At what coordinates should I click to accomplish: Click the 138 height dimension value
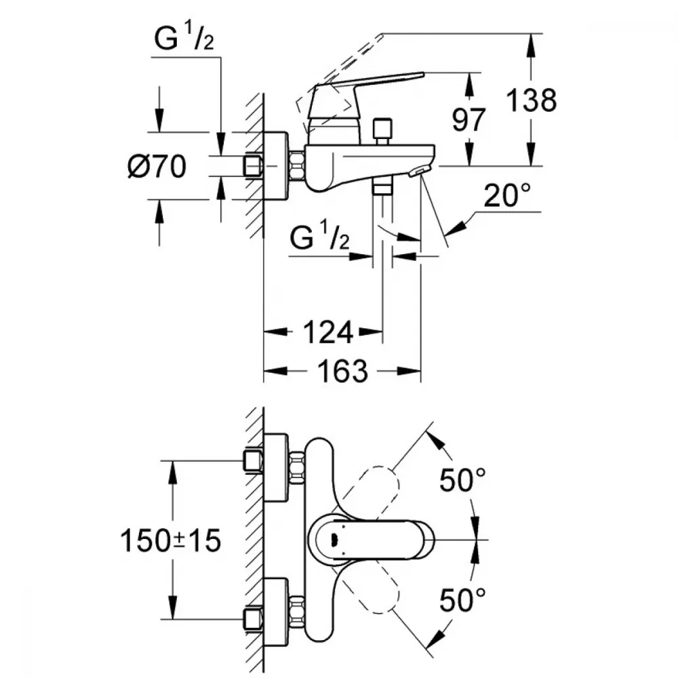[532, 100]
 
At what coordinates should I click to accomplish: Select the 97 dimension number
[469, 120]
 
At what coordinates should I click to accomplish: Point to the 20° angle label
[506, 197]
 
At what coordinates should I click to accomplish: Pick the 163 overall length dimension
[341, 371]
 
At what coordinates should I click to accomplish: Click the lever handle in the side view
[366, 85]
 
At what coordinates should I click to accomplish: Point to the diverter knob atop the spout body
[382, 128]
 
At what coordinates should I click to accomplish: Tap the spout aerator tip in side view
[421, 172]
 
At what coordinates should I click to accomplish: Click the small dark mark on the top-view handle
[332, 540]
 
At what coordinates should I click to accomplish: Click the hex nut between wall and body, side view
[297, 167]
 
